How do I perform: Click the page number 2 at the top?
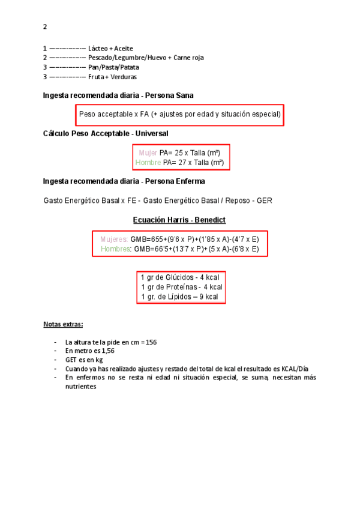pos(45,26)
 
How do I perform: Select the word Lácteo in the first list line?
pos(98,48)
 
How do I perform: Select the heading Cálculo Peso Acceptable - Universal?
pos(106,133)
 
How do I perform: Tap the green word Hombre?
pos(148,163)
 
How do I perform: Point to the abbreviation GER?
pos(265,200)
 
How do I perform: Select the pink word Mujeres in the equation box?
pos(114,239)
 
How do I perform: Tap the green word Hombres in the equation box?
pos(116,248)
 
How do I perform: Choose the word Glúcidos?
pos(179,277)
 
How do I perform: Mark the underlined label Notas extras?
pos(63,325)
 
